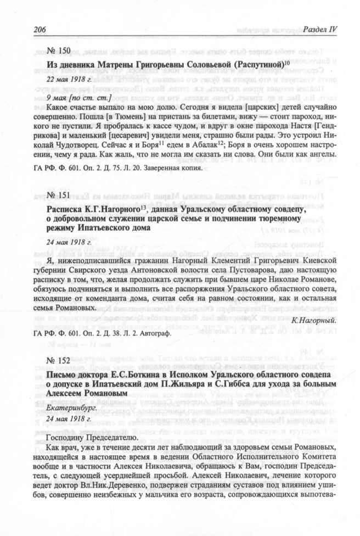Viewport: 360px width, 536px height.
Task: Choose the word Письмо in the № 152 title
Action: tap(62, 373)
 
